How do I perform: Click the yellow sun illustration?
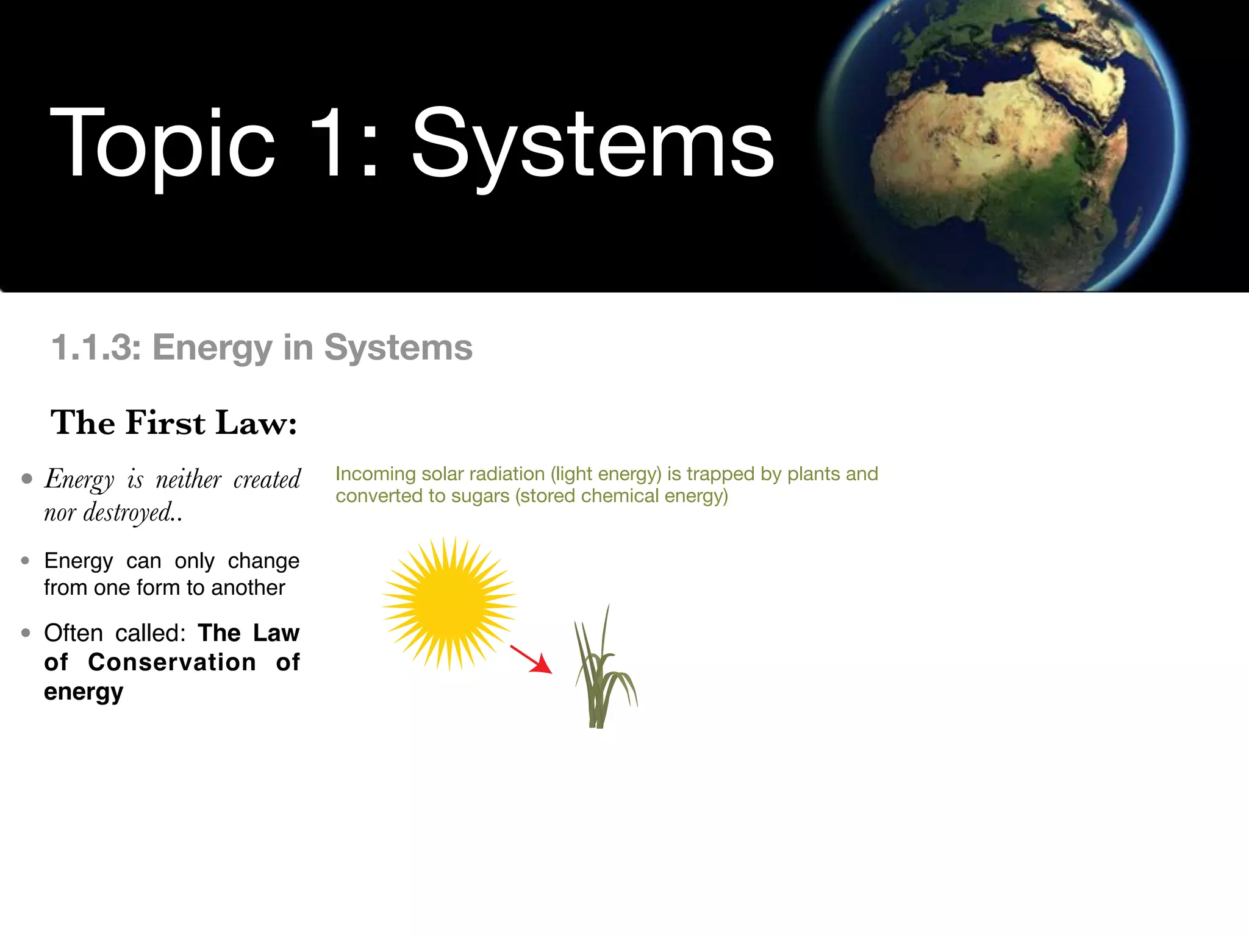[x=449, y=604]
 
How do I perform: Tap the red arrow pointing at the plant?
[x=531, y=659]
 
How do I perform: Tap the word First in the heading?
[x=165, y=423]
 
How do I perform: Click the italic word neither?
[x=188, y=480]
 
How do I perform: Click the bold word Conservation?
[x=172, y=662]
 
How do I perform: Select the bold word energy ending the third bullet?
[x=84, y=692]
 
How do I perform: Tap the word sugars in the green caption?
[x=480, y=496]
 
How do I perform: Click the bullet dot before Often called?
[x=26, y=633]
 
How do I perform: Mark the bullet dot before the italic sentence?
[x=26, y=479]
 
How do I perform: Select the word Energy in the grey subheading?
[x=212, y=347]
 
